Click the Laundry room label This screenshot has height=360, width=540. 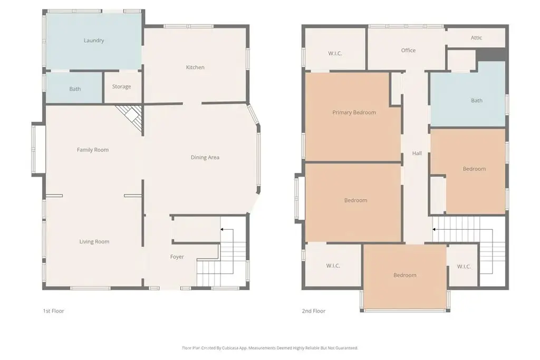(x=94, y=41)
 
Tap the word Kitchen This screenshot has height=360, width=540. (x=195, y=67)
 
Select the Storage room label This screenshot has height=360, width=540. (x=122, y=87)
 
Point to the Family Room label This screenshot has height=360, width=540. (x=93, y=150)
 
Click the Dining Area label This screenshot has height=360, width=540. (x=205, y=157)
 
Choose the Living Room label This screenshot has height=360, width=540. (x=94, y=241)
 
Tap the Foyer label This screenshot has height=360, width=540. (x=177, y=257)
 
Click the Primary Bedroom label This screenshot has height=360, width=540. (x=354, y=113)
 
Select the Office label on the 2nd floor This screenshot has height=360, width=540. (x=408, y=50)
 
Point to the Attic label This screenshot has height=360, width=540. (x=476, y=38)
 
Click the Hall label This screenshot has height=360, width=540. (x=417, y=153)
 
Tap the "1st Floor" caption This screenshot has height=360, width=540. (x=53, y=311)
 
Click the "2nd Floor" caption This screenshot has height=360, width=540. (x=314, y=311)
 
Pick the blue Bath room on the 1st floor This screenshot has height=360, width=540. (x=74, y=88)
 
